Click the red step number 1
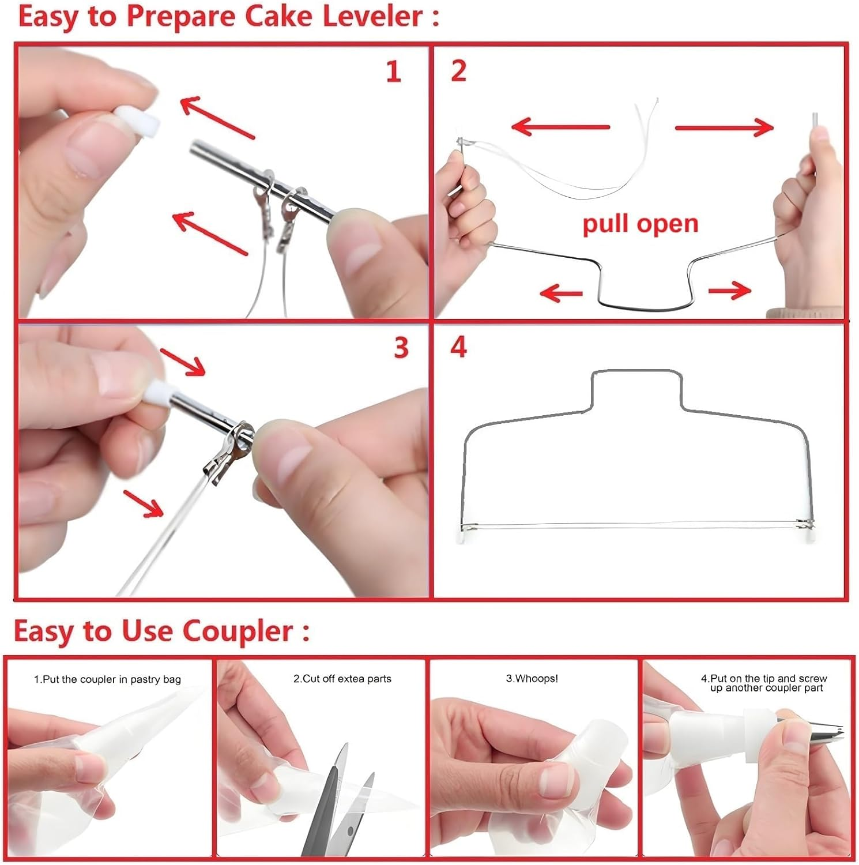[x=393, y=72]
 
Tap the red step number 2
[x=458, y=71]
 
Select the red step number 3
[x=401, y=348]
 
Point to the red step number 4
[x=458, y=347]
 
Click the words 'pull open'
[x=640, y=224]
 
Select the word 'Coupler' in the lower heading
[x=238, y=631]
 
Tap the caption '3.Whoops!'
[x=532, y=679]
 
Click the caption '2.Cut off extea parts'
[x=342, y=679]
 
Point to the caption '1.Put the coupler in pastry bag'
[x=107, y=679]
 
